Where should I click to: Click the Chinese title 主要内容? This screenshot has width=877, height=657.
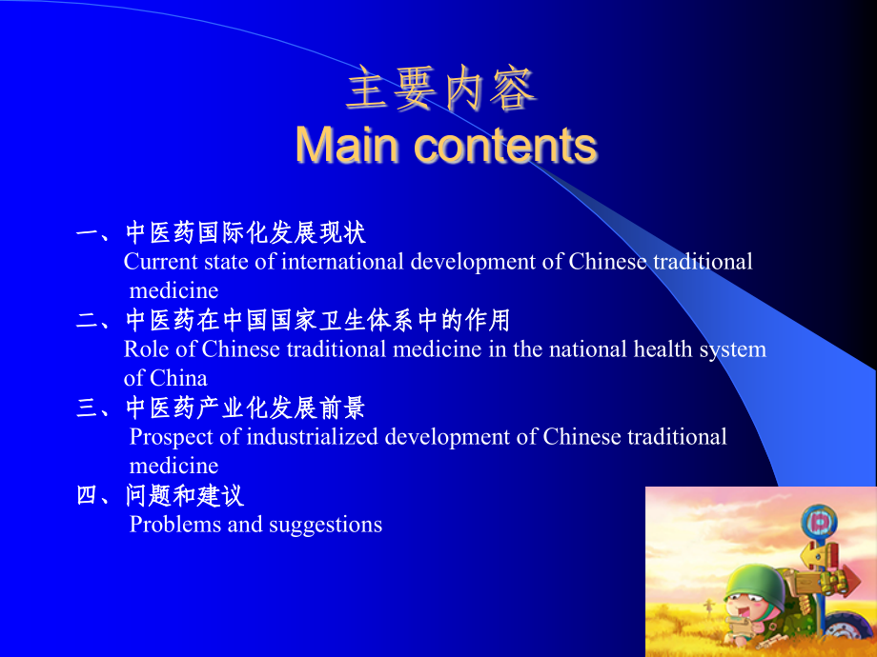coord(441,91)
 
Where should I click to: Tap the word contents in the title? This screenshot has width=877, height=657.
coord(506,146)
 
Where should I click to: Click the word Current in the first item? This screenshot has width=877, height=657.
coord(159,262)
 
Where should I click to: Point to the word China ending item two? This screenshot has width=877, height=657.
coord(178,378)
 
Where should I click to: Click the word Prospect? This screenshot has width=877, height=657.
coord(169,437)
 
